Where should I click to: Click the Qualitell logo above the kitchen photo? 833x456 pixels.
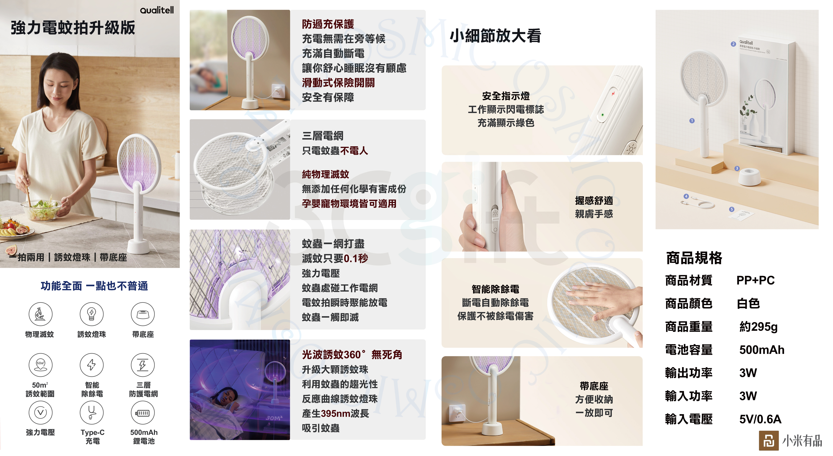tap(157, 10)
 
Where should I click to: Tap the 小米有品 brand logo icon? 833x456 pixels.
tap(769, 441)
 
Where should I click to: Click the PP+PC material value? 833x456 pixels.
tap(755, 280)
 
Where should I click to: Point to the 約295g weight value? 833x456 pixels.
tap(758, 327)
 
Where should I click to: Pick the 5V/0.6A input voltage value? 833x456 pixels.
tap(760, 419)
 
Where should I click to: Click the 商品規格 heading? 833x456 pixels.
tap(694, 258)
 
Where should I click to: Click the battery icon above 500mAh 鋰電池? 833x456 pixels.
tap(143, 413)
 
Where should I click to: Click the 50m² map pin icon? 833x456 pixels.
tap(40, 365)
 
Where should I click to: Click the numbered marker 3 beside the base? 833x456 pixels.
tap(737, 168)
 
